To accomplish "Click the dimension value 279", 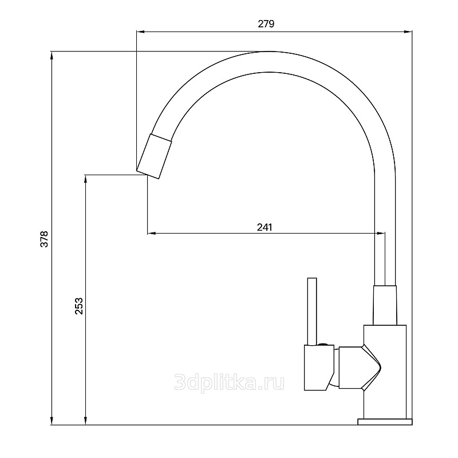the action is pyautogui.click(x=266, y=23).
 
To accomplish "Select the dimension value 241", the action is pyautogui.click(x=264, y=227).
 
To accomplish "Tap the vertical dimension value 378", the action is pyautogui.click(x=44, y=239).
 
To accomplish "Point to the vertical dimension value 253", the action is pyautogui.click(x=79, y=306).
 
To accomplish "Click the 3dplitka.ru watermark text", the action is pyautogui.click(x=230, y=383).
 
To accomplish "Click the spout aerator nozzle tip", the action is pyautogui.click(x=154, y=156).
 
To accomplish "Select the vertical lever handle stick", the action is pyautogui.click(x=312, y=311).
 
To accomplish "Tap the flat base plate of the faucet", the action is pyautogui.click(x=385, y=421).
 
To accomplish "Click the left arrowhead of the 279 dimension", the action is pyautogui.click(x=140, y=31).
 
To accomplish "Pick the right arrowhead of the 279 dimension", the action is pyautogui.click(x=408, y=31).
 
